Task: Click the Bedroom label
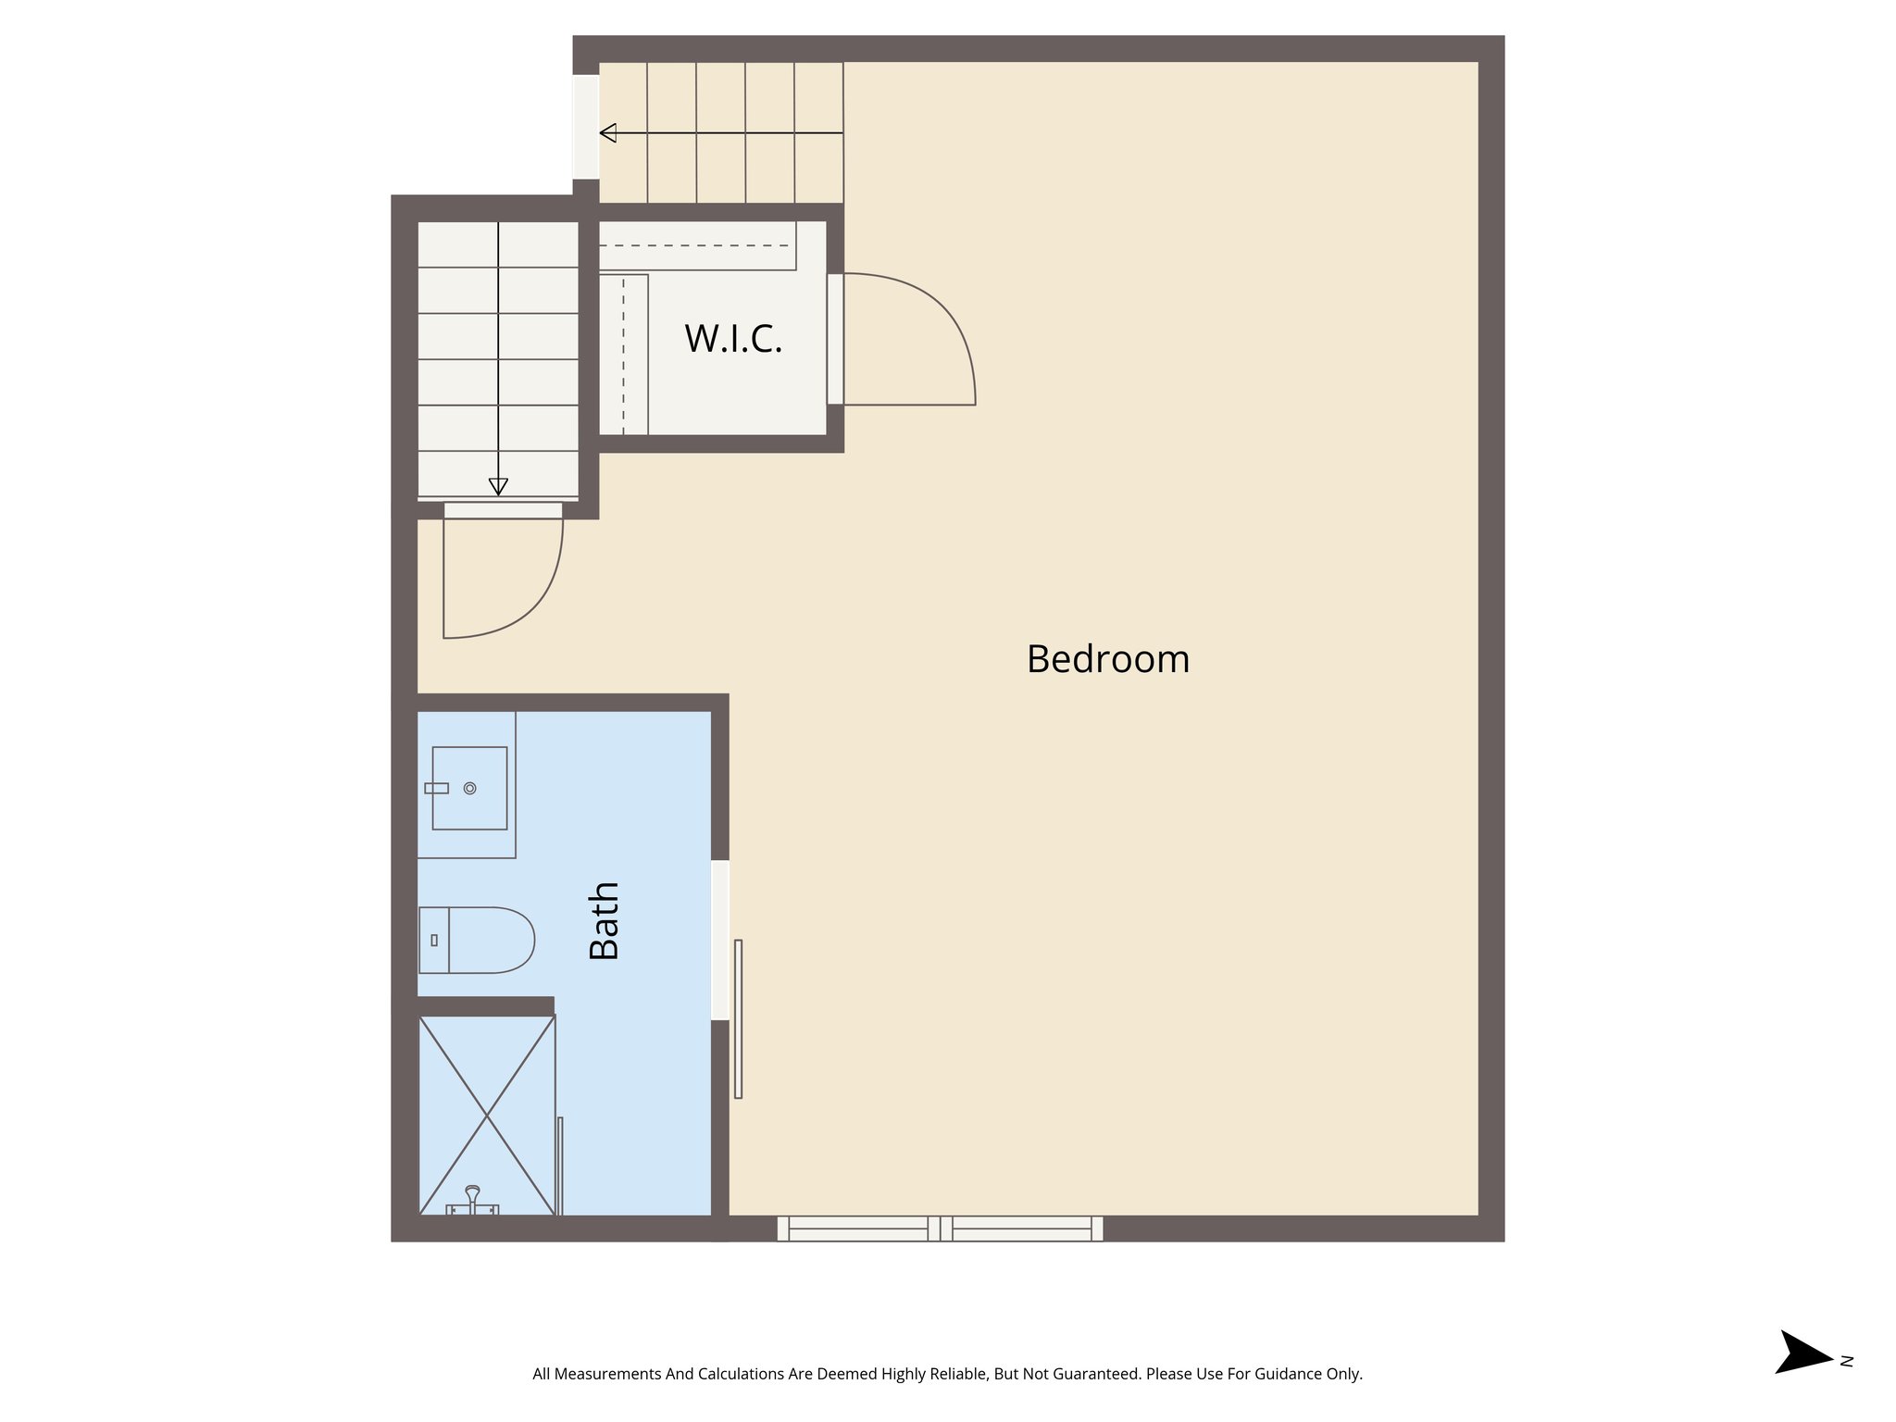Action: tap(1107, 659)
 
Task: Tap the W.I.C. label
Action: tap(733, 339)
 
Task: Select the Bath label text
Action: tap(605, 920)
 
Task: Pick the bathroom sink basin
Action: tap(469, 788)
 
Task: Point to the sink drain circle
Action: tap(469, 788)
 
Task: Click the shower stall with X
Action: tap(487, 1115)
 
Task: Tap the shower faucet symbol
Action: tap(472, 1201)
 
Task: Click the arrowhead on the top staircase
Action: tap(608, 133)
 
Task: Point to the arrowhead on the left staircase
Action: tap(498, 486)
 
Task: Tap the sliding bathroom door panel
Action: tap(738, 1018)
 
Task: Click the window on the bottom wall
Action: tap(940, 1229)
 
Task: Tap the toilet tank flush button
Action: tap(434, 940)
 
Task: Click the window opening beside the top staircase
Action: tap(585, 127)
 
